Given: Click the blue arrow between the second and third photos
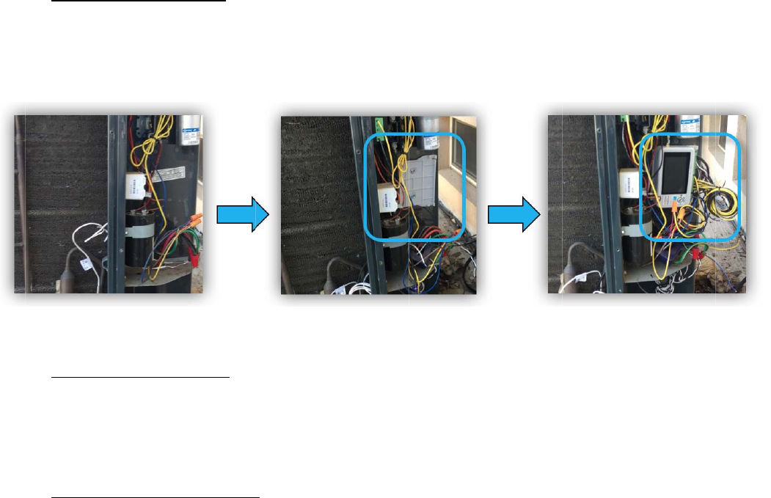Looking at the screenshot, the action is pos(510,214).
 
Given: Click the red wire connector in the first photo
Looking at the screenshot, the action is pos(196,258).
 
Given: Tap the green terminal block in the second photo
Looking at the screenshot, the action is pos(380,125).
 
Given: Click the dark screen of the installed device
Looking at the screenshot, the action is pos(671,170).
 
